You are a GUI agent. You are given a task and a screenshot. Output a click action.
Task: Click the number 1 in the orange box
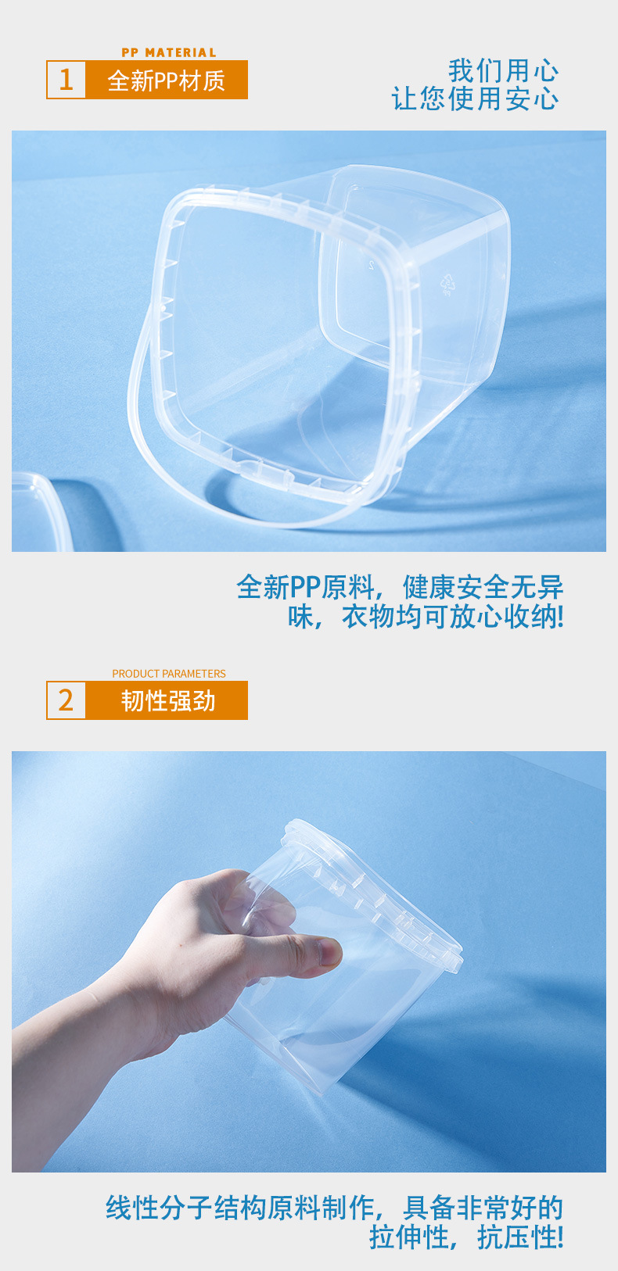pos(66,80)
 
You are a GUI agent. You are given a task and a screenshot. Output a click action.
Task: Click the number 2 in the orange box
pos(66,700)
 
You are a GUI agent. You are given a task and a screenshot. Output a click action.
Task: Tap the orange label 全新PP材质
pos(167,80)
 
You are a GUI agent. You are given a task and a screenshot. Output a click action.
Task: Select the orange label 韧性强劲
pos(167,700)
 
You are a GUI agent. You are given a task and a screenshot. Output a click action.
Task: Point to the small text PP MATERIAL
pos(169,52)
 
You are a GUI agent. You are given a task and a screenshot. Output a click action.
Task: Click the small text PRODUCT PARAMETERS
pos(168,673)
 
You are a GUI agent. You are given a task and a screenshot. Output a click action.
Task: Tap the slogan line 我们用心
pos(503,71)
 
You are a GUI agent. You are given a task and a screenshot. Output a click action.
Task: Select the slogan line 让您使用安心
pos(475,99)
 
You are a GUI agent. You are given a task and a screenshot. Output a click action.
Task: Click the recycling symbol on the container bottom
pos(447,285)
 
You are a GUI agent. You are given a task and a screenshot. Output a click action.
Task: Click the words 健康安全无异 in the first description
pos(483,586)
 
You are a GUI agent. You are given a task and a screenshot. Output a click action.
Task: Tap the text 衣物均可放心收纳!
pos(453,617)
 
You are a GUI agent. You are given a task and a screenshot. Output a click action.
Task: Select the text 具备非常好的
pos(483,1208)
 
